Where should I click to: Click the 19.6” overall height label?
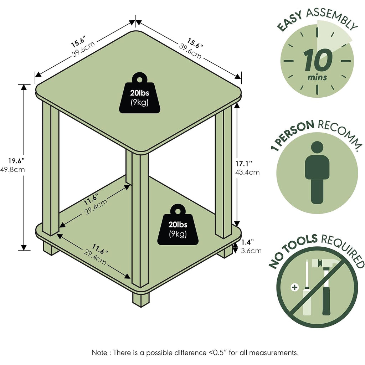[x=16, y=161]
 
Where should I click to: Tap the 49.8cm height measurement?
[x=12, y=169]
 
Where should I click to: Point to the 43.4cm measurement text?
[x=247, y=172]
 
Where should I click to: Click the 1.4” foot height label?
[x=247, y=242]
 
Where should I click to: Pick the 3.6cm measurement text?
[x=251, y=251]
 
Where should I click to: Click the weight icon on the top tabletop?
[x=140, y=93]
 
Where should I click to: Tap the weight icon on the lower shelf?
[x=178, y=225]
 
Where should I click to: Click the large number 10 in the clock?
[x=318, y=60]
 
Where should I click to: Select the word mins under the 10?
[x=317, y=77]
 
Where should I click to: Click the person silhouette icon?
[x=317, y=173]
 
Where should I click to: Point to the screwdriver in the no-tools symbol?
[x=307, y=288]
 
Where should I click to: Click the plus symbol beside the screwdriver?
[x=295, y=287]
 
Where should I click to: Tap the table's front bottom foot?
[x=141, y=299]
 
